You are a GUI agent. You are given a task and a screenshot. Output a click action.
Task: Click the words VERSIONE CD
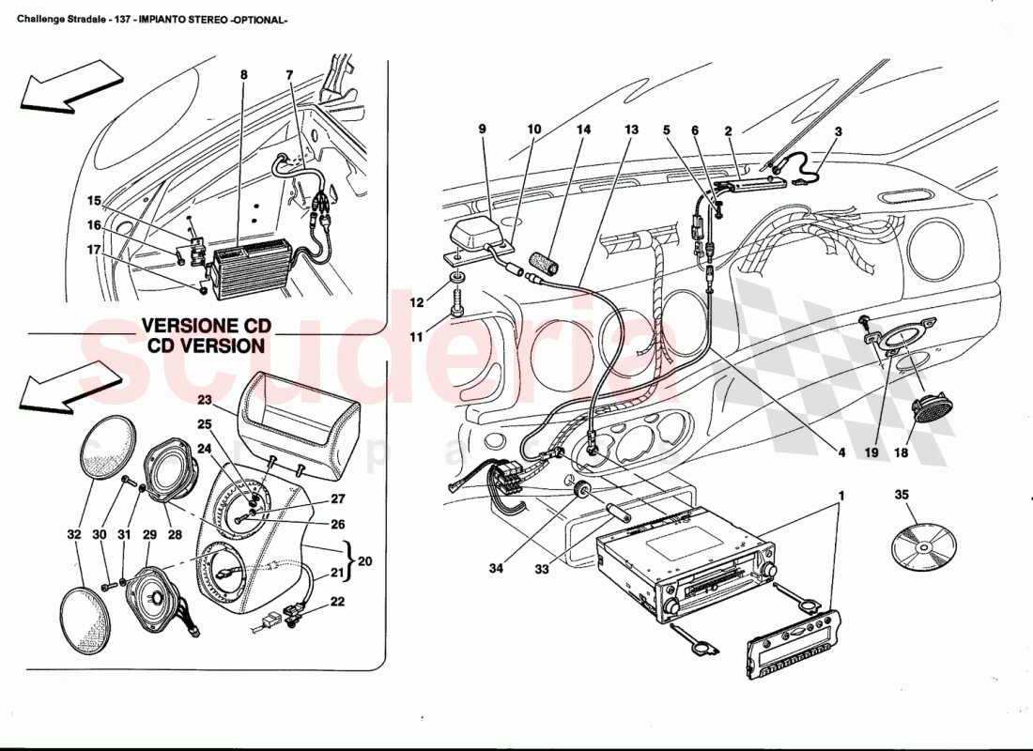point(206,326)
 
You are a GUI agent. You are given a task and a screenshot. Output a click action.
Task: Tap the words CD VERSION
point(206,345)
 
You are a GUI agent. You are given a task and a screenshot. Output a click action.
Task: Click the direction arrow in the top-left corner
point(64,85)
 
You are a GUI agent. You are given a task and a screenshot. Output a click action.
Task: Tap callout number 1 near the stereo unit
point(842,494)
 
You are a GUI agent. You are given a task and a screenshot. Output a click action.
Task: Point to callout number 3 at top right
point(838,131)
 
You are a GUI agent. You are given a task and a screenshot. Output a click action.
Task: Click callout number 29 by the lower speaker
point(148,534)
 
